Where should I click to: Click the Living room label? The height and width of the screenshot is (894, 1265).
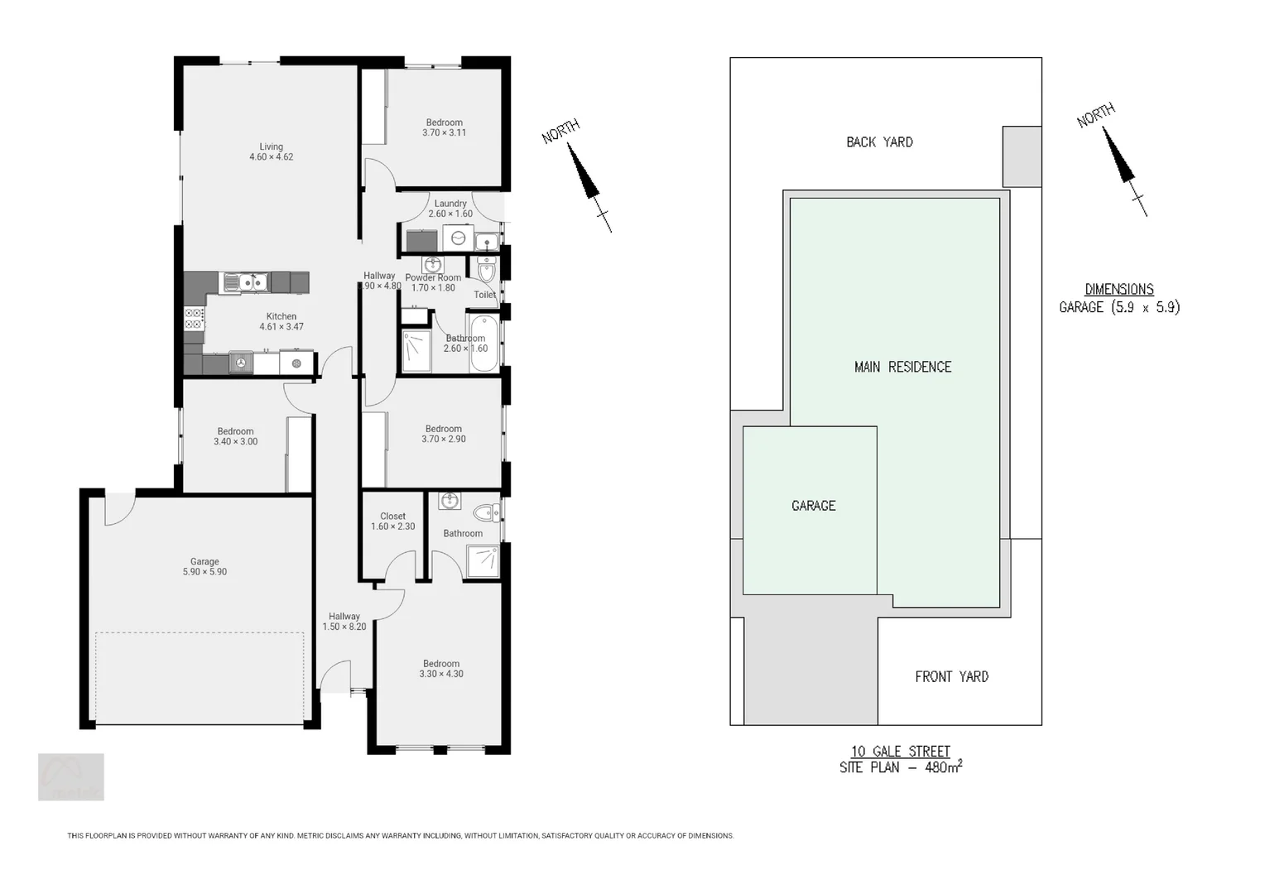click(271, 151)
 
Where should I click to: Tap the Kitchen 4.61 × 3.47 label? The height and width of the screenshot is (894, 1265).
click(281, 321)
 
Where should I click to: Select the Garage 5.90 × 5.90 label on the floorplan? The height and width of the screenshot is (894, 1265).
click(204, 566)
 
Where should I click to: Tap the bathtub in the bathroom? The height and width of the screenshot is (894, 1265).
click(483, 343)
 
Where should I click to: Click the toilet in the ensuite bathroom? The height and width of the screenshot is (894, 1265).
click(487, 512)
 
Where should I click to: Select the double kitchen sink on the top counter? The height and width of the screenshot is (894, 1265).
click(246, 282)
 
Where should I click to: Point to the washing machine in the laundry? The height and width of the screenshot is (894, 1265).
click(458, 239)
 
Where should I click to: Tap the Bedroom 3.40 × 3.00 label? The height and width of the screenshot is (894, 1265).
click(235, 436)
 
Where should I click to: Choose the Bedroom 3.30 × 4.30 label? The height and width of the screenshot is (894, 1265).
click(441, 669)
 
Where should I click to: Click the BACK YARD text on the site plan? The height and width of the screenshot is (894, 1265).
click(879, 142)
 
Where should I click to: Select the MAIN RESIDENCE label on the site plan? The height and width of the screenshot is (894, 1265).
click(902, 367)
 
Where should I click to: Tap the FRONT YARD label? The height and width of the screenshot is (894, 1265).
click(951, 676)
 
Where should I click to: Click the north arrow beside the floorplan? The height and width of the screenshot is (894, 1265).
click(586, 175)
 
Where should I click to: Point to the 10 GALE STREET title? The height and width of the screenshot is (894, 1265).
click(901, 751)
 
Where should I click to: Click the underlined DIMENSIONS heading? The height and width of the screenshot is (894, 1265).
click(1119, 289)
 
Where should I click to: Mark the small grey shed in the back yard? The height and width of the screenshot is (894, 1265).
click(1022, 156)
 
